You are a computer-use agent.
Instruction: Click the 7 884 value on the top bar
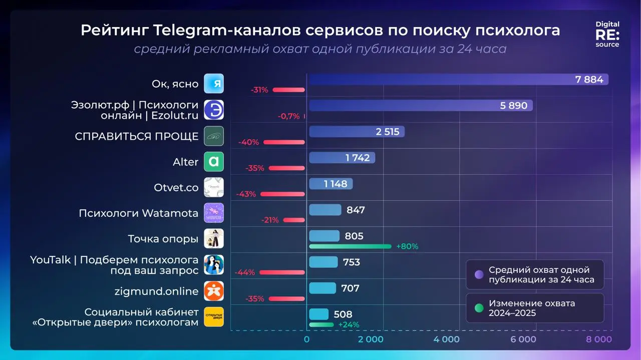click(x=589, y=80)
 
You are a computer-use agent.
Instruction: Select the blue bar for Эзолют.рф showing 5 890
click(x=421, y=106)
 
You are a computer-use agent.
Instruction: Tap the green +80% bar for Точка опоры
click(x=350, y=246)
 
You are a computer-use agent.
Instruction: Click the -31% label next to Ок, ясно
click(x=259, y=90)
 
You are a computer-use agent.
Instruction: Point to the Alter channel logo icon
click(x=214, y=162)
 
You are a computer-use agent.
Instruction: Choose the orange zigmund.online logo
click(x=214, y=291)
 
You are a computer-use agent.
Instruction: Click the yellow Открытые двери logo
click(x=214, y=317)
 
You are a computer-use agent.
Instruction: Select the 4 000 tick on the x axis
click(x=447, y=339)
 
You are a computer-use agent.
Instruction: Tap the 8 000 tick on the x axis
click(x=599, y=339)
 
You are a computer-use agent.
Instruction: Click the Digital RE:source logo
click(x=607, y=34)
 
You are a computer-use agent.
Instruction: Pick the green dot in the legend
click(x=479, y=308)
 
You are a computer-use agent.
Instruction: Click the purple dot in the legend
click(x=479, y=274)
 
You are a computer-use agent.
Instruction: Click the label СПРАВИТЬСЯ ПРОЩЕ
click(x=137, y=136)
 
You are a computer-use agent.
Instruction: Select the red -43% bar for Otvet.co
click(x=282, y=194)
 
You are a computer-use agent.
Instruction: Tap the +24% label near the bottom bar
click(x=349, y=324)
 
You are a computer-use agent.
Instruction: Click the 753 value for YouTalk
click(x=352, y=262)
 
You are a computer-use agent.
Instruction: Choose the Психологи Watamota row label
click(x=138, y=213)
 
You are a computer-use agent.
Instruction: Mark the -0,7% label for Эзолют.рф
click(x=288, y=116)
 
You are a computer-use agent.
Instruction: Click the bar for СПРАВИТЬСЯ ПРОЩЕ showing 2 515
click(x=356, y=132)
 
